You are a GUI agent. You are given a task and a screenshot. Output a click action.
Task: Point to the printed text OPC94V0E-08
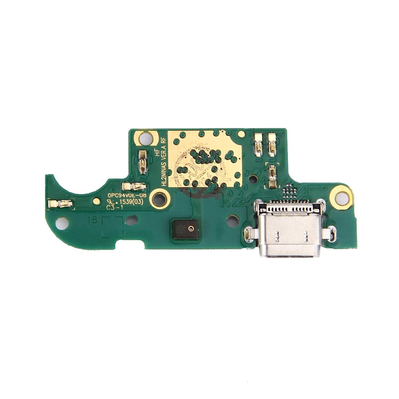127,195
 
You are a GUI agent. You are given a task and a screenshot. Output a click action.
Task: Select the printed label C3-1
114,208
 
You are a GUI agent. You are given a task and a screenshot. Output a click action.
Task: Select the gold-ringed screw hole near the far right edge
341,197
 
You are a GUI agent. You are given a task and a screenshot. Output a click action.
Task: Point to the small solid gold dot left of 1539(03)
96,201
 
